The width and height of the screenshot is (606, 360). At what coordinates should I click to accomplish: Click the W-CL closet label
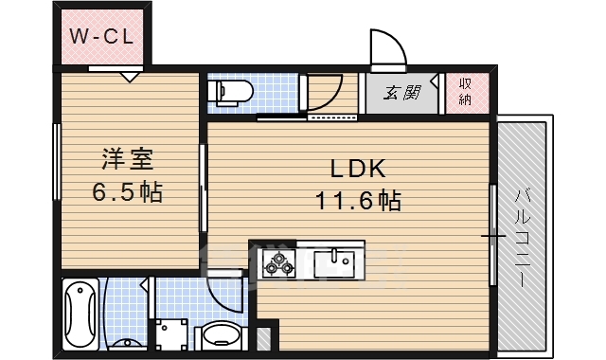[103, 37]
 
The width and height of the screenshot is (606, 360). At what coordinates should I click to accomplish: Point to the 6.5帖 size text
[127, 192]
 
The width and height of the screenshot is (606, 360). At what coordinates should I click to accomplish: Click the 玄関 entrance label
[403, 93]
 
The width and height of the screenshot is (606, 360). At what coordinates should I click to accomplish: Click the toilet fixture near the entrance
[232, 92]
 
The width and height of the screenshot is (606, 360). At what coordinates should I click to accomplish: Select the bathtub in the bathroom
[80, 313]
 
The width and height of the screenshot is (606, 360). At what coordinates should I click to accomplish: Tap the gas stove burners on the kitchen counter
[279, 261]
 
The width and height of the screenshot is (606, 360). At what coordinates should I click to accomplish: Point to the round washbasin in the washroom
[223, 333]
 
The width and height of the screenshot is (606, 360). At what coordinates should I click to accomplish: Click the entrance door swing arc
[386, 47]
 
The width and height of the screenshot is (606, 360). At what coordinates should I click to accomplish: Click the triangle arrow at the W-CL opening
[131, 76]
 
